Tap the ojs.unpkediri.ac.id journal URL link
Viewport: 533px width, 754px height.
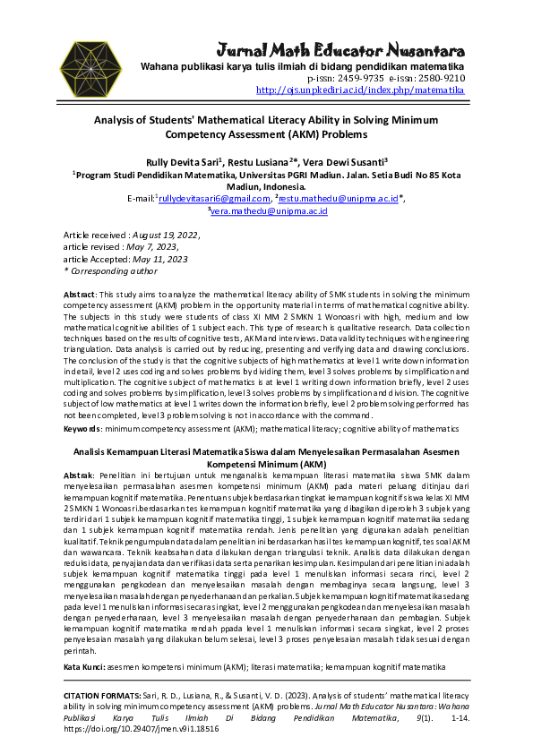coord(360,90)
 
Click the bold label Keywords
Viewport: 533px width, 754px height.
coord(82,429)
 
